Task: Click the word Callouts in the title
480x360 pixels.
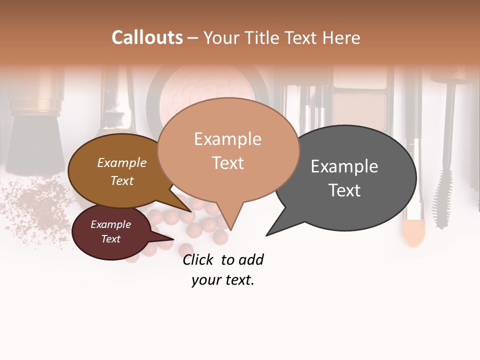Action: coord(147,37)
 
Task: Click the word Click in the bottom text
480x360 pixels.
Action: coord(198,259)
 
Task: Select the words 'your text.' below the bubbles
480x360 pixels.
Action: coord(223,280)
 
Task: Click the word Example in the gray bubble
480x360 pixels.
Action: coord(344,166)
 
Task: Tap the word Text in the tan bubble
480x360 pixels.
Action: coord(228,163)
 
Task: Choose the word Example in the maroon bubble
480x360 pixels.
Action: coord(110,224)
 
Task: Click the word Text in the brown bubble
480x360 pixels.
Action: coord(122,180)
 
